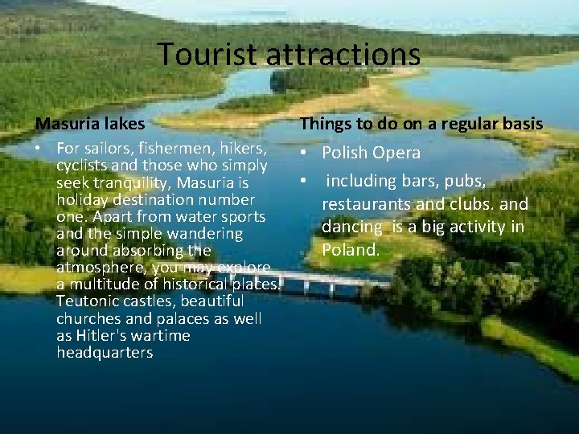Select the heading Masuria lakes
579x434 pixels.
[89, 124]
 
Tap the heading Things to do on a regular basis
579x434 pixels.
[421, 124]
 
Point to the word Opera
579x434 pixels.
[394, 153]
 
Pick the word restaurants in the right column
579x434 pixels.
[367, 204]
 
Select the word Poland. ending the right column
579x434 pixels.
[351, 249]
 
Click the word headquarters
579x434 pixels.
[105, 353]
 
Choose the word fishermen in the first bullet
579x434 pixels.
[166, 149]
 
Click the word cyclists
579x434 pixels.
[84, 166]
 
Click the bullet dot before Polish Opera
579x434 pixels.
[305, 153]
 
